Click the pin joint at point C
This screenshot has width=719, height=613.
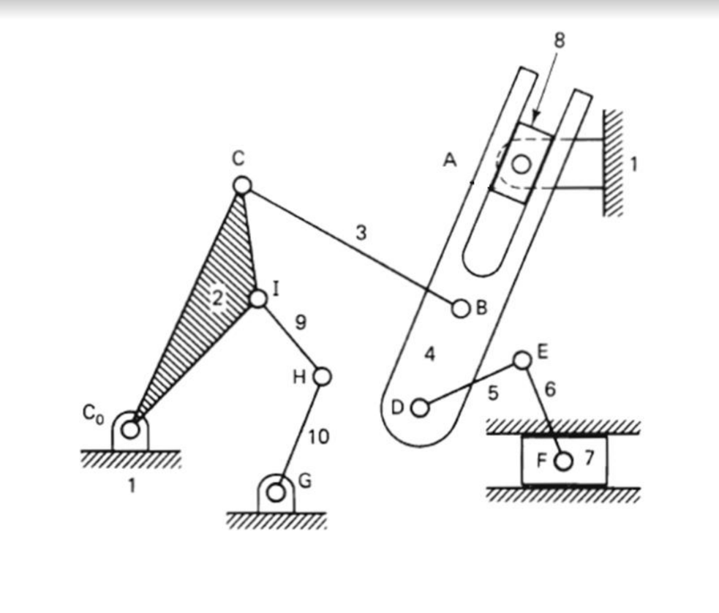[242, 185]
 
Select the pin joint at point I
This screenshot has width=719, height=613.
[257, 298]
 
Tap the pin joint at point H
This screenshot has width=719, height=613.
[322, 376]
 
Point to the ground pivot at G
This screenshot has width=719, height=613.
[276, 492]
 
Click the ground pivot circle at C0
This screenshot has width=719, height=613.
[130, 429]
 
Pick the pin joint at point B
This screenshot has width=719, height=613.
[461, 309]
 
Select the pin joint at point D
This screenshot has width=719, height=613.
[420, 407]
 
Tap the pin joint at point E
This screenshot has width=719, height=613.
[522, 360]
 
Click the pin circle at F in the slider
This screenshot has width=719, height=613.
[563, 461]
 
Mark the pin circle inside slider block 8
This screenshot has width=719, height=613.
[521, 165]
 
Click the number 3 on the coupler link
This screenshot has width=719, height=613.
[361, 234]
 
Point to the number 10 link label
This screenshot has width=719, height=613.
[319, 437]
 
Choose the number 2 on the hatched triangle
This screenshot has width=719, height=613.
[217, 298]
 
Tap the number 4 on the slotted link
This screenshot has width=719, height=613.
[430, 355]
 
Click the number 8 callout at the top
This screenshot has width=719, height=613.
[560, 41]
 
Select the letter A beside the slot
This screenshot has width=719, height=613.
[450, 160]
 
